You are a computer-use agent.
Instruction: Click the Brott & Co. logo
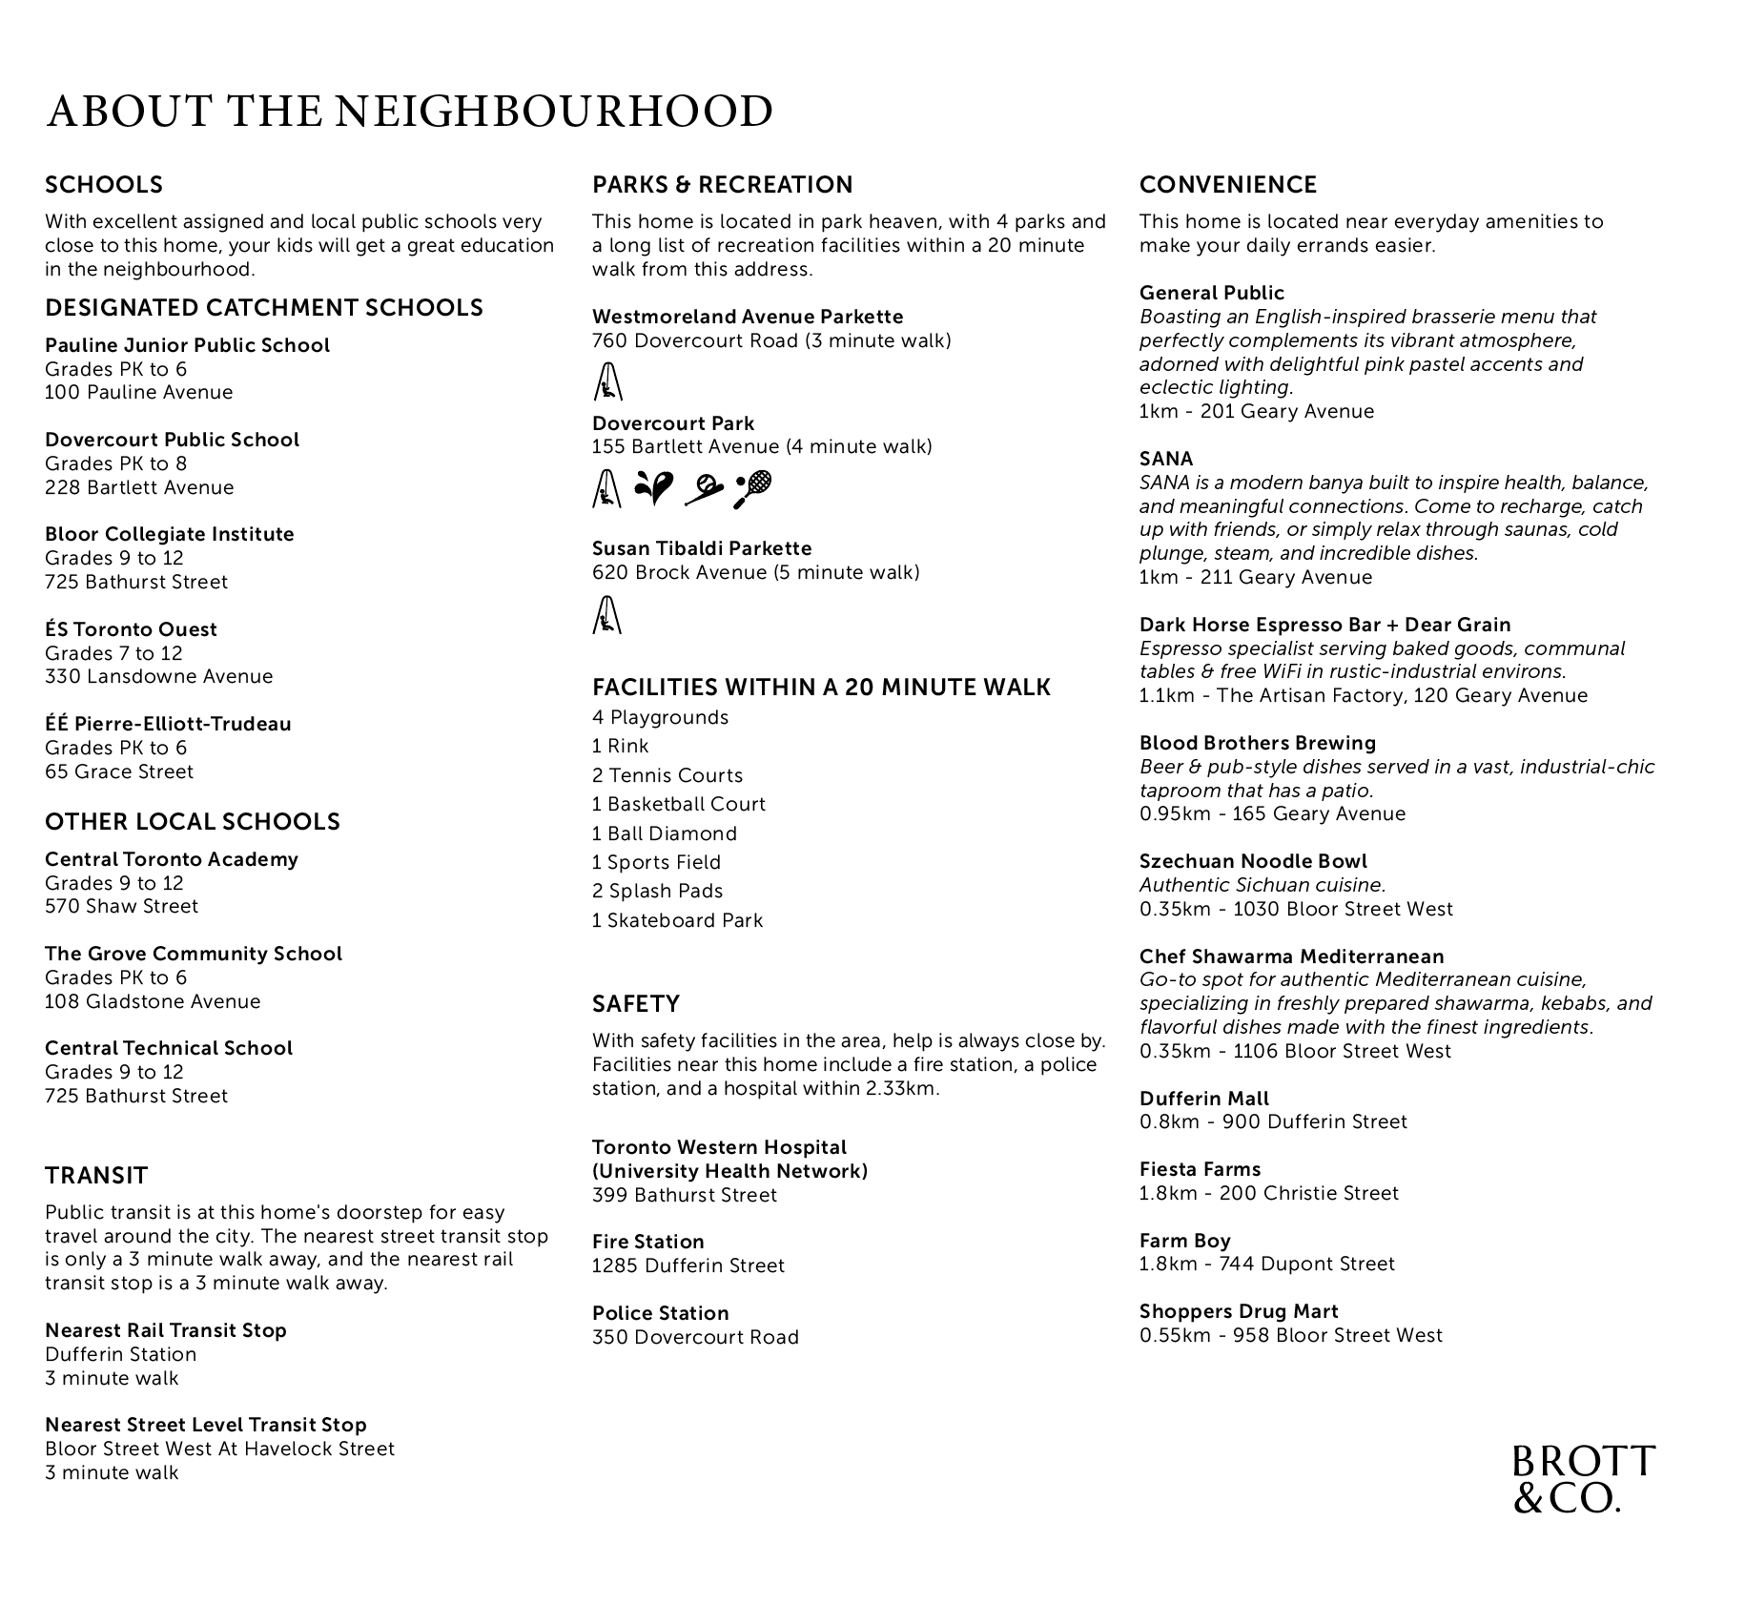coord(1583,1479)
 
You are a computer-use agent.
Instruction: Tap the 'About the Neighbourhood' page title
coord(409,112)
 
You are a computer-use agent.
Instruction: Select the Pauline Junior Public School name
coord(187,345)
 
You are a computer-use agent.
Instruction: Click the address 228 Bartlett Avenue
coord(139,487)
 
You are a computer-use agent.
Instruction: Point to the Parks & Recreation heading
coord(722,185)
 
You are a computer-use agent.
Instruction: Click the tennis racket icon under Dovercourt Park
coord(752,489)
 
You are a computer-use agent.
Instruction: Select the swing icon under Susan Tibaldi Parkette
coord(606,614)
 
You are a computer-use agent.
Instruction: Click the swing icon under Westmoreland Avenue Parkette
coord(606,382)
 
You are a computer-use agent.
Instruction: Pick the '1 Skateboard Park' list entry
coord(677,920)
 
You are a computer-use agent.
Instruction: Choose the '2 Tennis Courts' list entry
coord(667,775)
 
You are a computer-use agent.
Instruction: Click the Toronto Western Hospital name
coord(719,1147)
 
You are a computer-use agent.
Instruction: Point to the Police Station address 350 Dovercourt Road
coord(695,1337)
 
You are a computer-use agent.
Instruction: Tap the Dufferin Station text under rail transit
coord(121,1354)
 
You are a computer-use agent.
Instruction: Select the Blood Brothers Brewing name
coord(1257,743)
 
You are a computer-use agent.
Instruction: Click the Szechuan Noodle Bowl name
coord(1253,861)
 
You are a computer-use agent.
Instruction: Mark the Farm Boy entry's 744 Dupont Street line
coord(1266,1264)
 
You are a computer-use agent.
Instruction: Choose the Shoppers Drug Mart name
coord(1239,1311)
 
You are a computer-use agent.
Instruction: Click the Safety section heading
coord(636,1004)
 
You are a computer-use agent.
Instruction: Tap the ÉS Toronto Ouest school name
coord(131,629)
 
